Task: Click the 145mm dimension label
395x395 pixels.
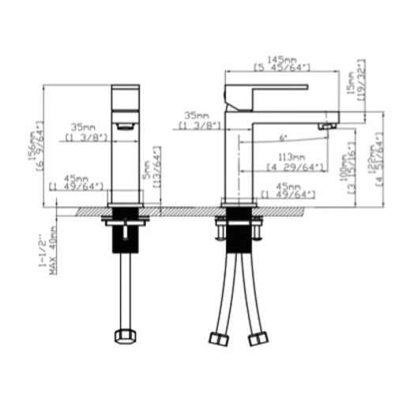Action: tap(280, 59)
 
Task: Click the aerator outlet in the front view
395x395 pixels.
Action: tap(124, 126)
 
